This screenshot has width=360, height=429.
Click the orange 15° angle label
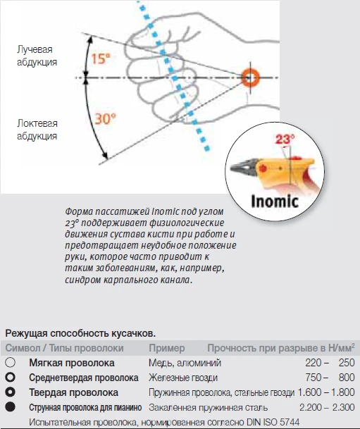pyautogui.click(x=101, y=59)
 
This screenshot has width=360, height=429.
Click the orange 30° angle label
pyautogui.click(x=105, y=119)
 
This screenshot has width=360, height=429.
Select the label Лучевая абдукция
pyautogui.click(x=38, y=56)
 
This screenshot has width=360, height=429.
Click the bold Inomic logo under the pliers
pyautogui.click(x=273, y=201)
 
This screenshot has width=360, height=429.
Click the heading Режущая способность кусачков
pyautogui.click(x=80, y=332)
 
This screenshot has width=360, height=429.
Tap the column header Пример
pyautogui.click(x=167, y=349)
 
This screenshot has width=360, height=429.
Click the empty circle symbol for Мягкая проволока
pyautogui.click(x=11, y=363)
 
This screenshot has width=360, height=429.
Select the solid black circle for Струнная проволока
pyautogui.click(x=11, y=407)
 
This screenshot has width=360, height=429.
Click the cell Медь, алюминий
pyautogui.click(x=185, y=363)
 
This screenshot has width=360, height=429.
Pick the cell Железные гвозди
pyautogui.click(x=178, y=378)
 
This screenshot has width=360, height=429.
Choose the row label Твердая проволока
pyautogui.click(x=73, y=392)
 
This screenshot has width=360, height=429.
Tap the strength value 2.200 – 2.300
pyautogui.click(x=326, y=407)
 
